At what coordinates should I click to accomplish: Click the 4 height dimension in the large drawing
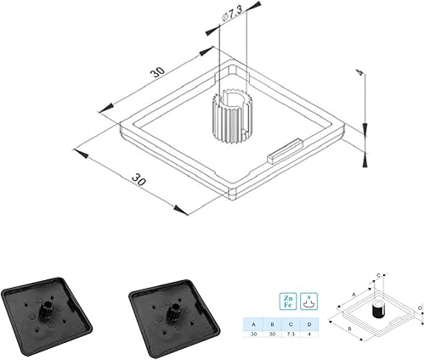[x=360, y=76]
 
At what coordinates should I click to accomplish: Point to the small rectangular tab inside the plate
[x=281, y=153]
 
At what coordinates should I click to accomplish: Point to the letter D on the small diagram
[x=420, y=308]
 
